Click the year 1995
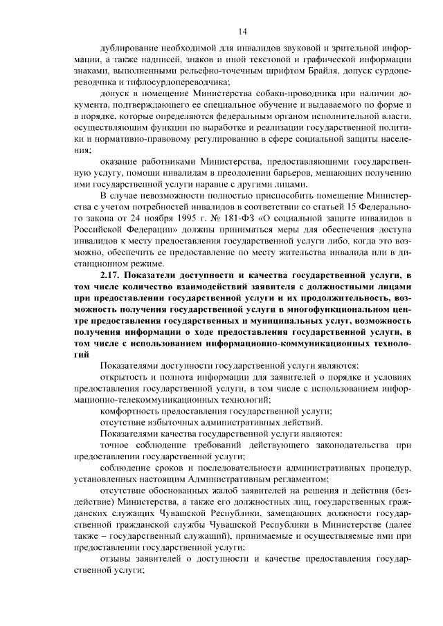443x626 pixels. tap(157, 217)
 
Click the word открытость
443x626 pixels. tap(125, 378)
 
